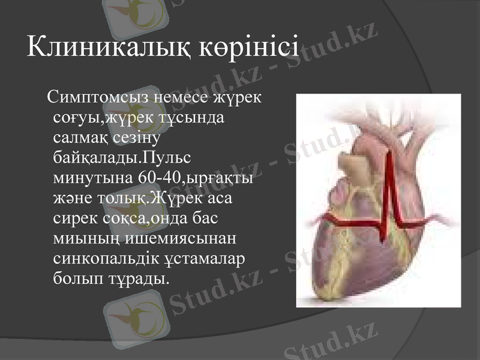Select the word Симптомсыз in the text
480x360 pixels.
tap(100, 97)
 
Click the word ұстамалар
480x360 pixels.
tap(203, 260)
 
